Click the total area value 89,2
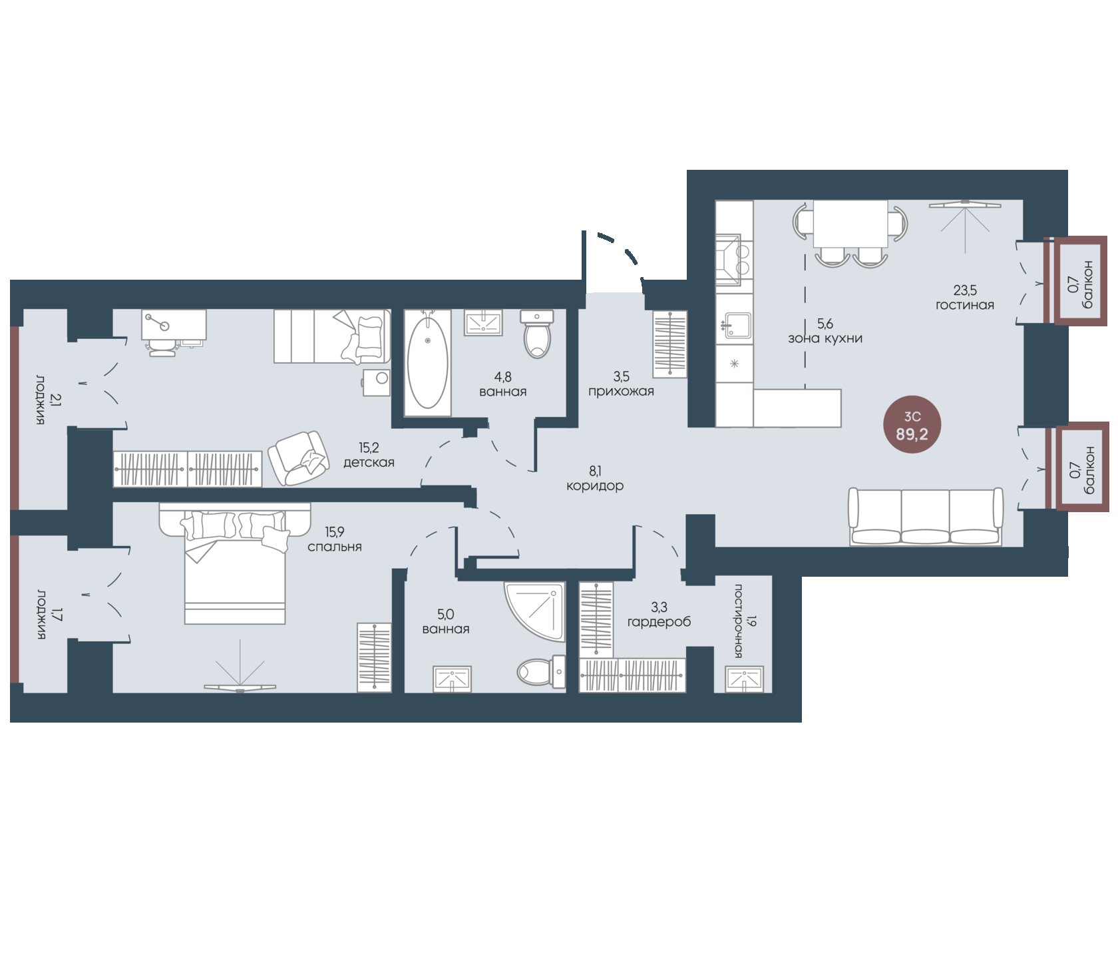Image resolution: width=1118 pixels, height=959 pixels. click(912, 434)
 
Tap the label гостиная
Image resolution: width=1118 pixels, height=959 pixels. click(965, 305)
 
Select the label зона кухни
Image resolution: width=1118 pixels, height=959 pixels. click(825, 338)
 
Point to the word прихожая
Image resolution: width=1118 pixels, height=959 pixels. click(621, 392)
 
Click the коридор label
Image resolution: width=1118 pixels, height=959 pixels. click(595, 486)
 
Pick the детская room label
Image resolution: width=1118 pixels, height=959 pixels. click(369, 463)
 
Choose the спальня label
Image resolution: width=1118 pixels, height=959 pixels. click(335, 547)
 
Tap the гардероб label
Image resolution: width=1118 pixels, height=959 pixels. click(659, 622)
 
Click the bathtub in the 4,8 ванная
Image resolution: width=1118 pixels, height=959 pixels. click(427, 362)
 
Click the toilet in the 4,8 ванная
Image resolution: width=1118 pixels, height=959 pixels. click(537, 334)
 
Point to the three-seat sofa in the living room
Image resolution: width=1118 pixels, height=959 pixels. click(926, 517)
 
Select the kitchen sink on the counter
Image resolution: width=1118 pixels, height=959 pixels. click(737, 325)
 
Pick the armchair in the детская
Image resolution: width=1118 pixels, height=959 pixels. click(298, 458)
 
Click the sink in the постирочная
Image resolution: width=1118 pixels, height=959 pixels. click(745, 679)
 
